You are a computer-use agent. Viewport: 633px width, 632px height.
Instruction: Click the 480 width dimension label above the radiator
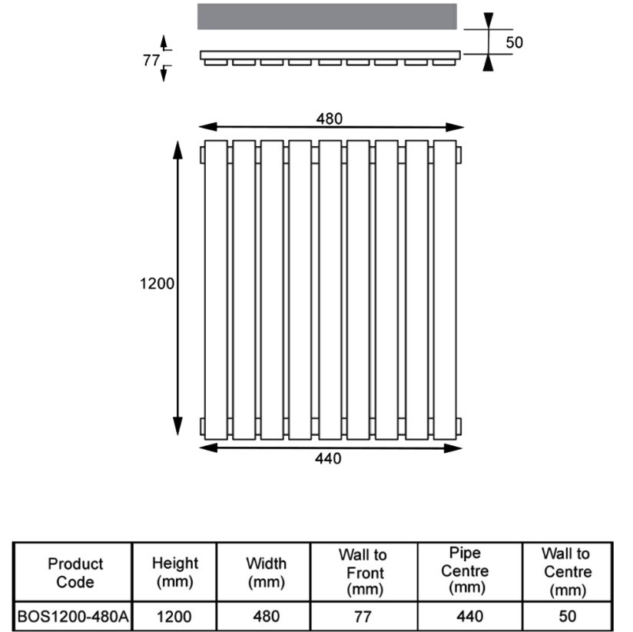point(329,119)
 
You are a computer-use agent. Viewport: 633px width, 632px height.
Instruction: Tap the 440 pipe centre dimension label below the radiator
point(328,459)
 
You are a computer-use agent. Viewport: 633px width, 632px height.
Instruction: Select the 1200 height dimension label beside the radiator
point(157,284)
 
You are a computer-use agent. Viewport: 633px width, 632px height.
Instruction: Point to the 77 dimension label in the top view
point(151,60)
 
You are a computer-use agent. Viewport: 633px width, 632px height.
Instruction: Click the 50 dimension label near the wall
point(515,42)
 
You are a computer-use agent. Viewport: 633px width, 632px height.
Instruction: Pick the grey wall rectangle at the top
point(327,17)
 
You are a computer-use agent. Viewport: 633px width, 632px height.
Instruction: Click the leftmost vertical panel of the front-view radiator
point(216,290)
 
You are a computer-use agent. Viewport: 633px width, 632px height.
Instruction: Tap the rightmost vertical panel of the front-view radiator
point(445,290)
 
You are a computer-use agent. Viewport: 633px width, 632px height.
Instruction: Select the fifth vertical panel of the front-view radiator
point(330,290)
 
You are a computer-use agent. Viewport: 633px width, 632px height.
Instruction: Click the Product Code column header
point(75,573)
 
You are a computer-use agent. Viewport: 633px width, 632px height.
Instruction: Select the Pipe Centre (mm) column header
point(465,570)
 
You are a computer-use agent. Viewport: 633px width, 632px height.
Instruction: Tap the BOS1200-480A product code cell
point(73,617)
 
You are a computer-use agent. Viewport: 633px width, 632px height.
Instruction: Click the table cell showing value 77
point(363,617)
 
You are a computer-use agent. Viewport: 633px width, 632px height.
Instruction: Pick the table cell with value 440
point(470,617)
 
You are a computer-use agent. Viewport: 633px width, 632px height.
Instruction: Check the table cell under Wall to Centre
point(567,617)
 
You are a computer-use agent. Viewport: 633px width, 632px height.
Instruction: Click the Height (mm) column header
point(175,572)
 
